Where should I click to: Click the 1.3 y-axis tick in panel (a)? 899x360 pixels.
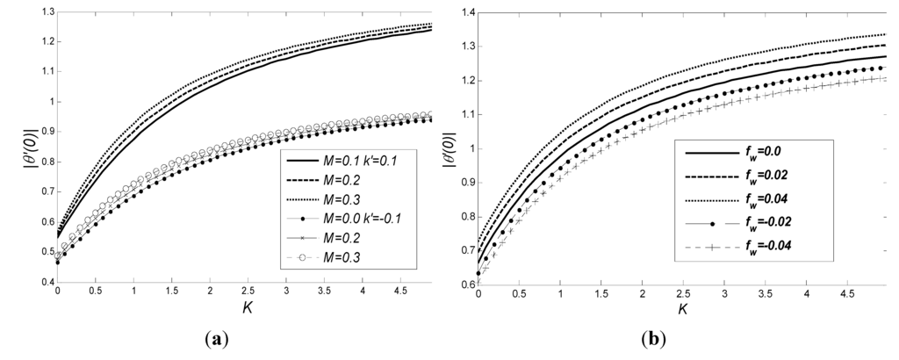click(43, 11)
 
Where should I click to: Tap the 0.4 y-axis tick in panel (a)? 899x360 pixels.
click(43, 282)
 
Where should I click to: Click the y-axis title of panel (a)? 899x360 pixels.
click(14, 148)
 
